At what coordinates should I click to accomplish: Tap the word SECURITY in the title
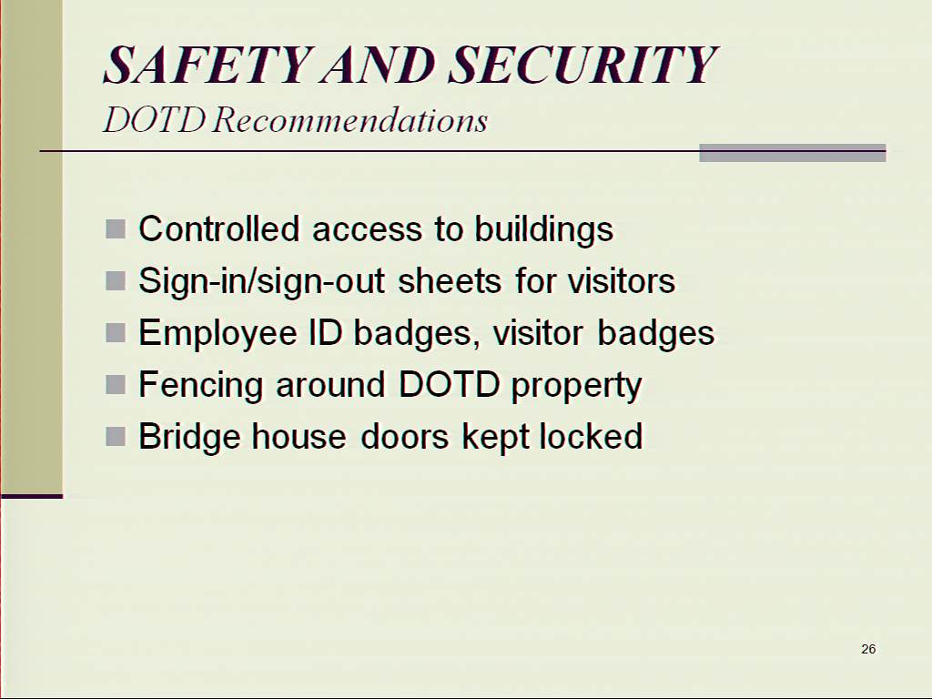tap(583, 65)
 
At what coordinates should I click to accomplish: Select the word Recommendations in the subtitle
tap(350, 120)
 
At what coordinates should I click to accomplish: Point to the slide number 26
tap(867, 648)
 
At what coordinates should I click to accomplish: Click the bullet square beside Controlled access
tap(116, 228)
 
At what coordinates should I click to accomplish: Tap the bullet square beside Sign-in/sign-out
tap(116, 280)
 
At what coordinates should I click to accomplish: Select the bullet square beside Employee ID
tap(116, 332)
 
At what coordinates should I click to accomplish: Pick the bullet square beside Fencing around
tap(116, 384)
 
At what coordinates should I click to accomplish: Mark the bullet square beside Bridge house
tap(116, 436)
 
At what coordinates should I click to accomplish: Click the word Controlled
tap(218, 228)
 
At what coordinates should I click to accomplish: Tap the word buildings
tap(543, 230)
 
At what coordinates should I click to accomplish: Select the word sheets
tap(450, 280)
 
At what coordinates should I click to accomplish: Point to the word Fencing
tap(200, 386)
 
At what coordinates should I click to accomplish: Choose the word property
tap(576, 387)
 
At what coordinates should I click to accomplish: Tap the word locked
tap(591, 436)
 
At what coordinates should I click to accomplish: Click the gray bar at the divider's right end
tap(793, 153)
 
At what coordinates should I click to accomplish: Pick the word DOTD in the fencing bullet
tap(449, 385)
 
